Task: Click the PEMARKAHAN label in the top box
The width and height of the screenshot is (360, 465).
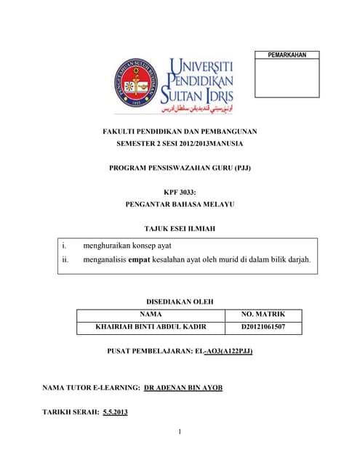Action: [x=287, y=55]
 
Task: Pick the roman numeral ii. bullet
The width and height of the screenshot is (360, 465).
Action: [x=65, y=259]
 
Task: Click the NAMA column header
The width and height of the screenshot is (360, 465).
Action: [x=150, y=314]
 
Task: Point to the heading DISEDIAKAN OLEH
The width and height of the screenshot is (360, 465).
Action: [x=180, y=301]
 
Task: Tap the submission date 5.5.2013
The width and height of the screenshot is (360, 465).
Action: [x=116, y=412]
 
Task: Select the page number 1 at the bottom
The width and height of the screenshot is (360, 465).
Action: [x=179, y=433]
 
